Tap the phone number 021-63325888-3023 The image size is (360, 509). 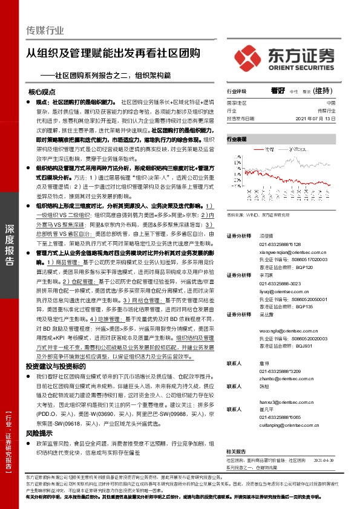point(280,283)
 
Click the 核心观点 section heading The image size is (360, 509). point(42,92)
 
